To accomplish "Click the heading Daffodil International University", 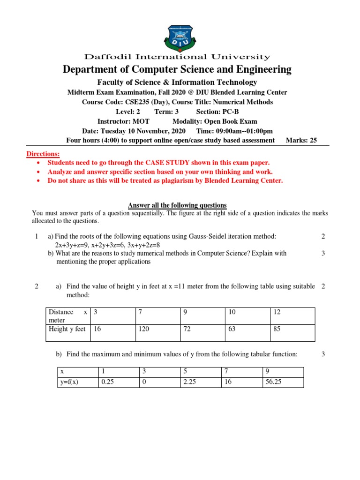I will coord(177,57).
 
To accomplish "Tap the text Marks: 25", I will coord(301,140).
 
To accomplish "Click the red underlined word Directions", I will coord(43,154).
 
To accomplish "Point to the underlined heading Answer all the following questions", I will coord(177,205).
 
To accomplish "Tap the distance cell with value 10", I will coord(232,312).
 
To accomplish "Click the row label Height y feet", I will coord(67,329).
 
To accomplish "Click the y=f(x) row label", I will coord(69,382).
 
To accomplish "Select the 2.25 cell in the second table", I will coord(190,382).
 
